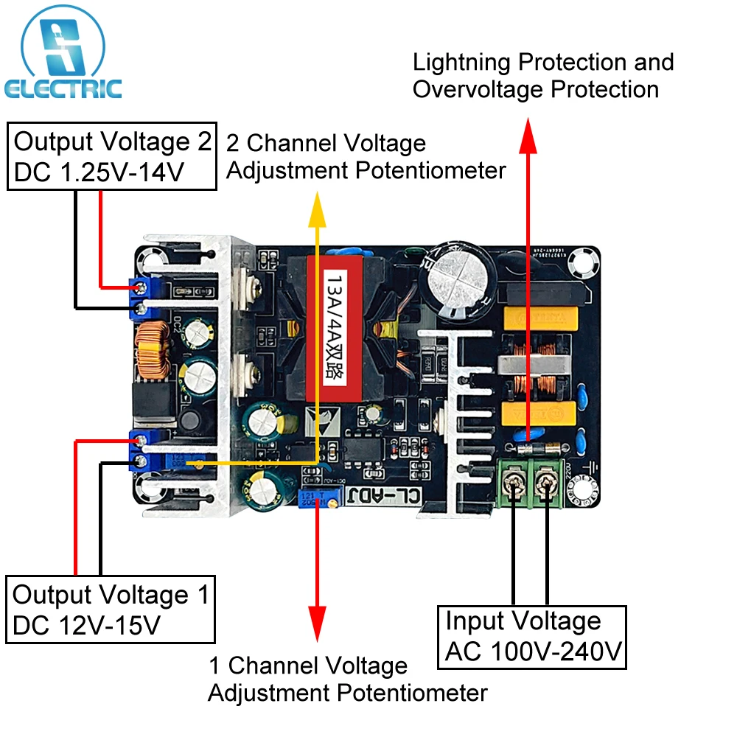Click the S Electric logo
[62, 55]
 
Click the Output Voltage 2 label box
[112, 156]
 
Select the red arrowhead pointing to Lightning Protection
[528, 136]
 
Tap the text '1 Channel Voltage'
[307, 666]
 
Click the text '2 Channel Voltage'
[326, 143]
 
